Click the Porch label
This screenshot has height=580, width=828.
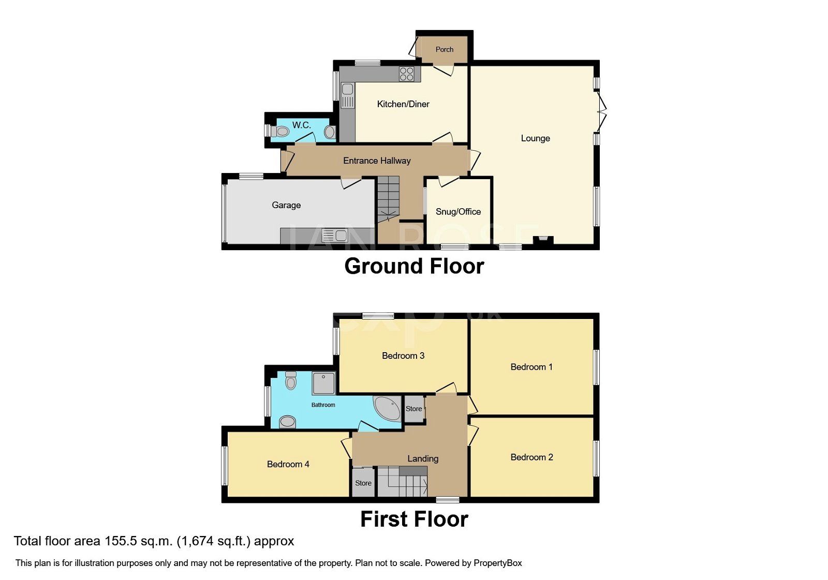point(444,50)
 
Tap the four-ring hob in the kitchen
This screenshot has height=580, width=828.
point(407,74)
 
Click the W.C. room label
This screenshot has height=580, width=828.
point(301,125)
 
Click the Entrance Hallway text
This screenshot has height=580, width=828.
point(377,161)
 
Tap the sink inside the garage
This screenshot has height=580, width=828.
point(335,236)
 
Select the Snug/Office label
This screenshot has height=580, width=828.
point(458,211)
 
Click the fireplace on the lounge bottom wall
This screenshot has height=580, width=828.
point(543,240)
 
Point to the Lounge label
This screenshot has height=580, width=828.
point(535,138)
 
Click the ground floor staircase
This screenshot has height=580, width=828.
point(388,199)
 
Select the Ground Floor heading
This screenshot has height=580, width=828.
point(414,266)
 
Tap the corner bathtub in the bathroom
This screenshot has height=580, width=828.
point(388,408)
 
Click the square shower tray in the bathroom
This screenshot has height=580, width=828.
point(323,383)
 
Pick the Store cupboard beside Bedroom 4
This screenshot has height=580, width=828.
point(363,483)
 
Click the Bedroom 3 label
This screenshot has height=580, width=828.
point(403,356)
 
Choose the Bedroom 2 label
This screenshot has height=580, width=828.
point(531,457)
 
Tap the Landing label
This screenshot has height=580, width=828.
point(423,459)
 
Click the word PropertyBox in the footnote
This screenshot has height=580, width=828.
point(498,563)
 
